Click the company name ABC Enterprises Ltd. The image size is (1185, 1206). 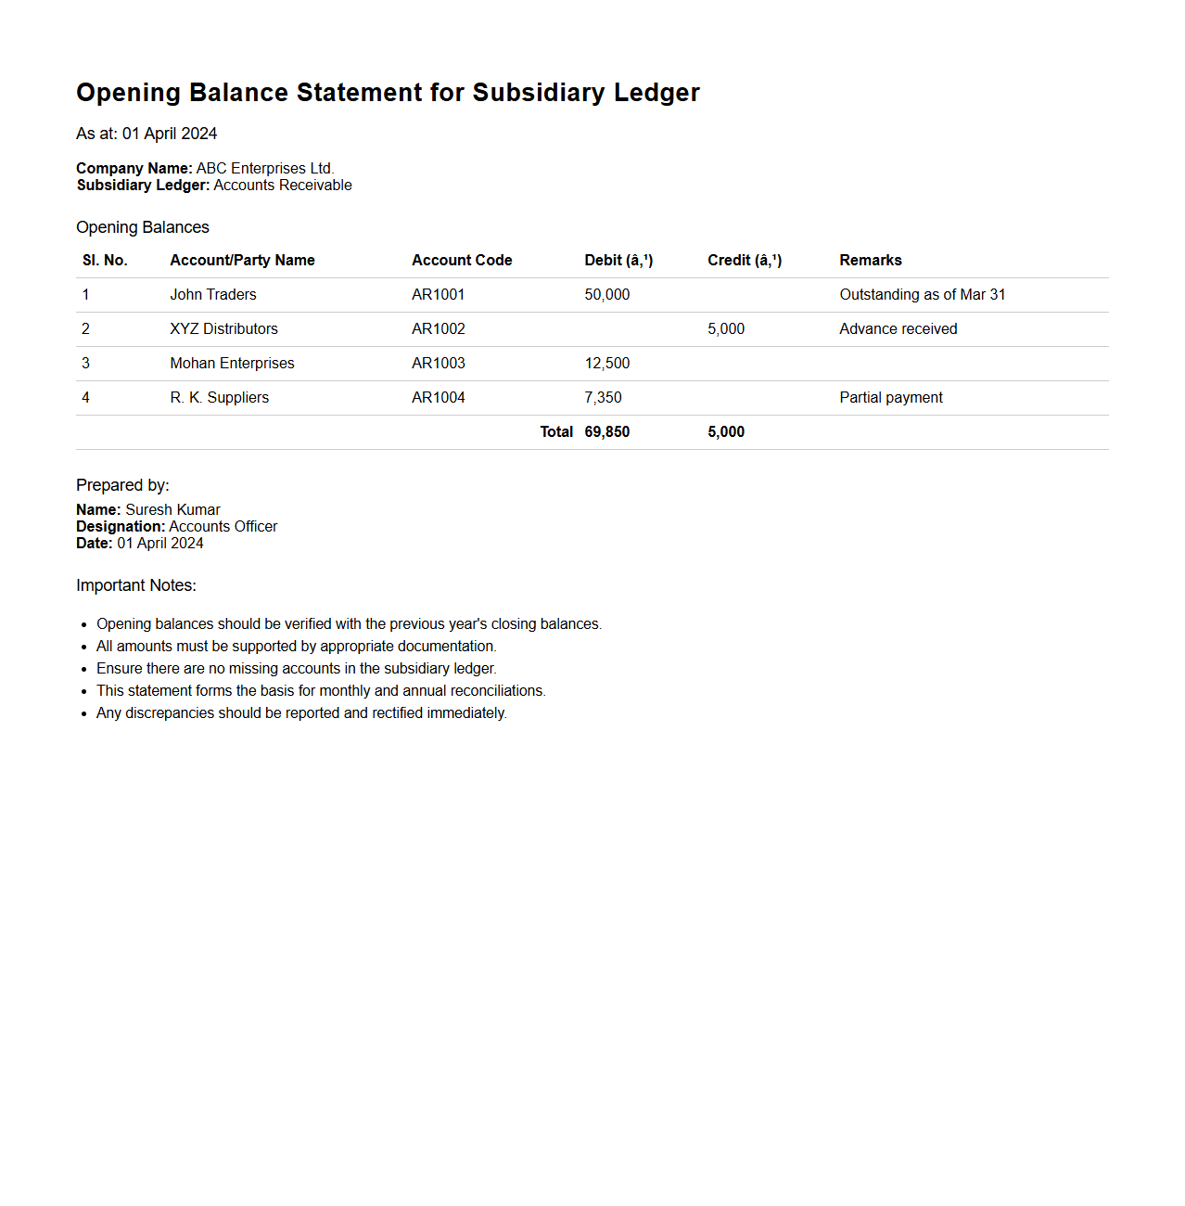(x=264, y=168)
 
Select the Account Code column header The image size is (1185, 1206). (x=462, y=260)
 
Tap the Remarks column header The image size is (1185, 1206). (x=870, y=260)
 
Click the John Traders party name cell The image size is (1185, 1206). (x=212, y=294)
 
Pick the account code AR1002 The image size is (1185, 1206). (x=438, y=328)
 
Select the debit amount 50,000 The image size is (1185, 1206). (x=606, y=294)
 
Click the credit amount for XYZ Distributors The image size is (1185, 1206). (x=725, y=328)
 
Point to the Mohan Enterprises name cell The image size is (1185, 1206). (x=232, y=363)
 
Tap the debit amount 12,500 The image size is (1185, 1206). (x=606, y=363)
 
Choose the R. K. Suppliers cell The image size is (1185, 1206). (x=219, y=397)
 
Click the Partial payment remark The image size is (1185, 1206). (x=890, y=397)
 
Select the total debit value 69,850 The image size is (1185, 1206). (x=606, y=431)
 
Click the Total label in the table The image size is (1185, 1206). (x=556, y=431)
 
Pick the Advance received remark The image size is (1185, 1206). (x=898, y=328)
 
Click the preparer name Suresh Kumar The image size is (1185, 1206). (x=172, y=509)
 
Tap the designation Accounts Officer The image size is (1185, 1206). (x=223, y=526)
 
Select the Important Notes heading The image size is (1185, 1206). (x=136, y=585)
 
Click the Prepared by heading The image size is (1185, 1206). (x=122, y=485)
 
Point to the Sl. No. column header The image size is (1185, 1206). (x=105, y=260)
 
